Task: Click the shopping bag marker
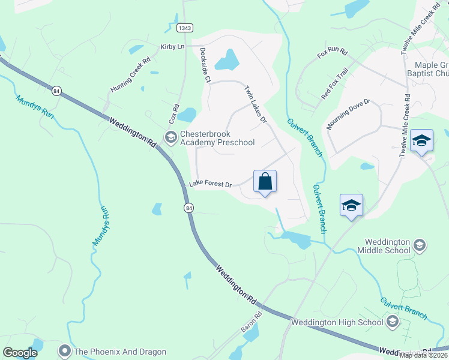pyautogui.click(x=265, y=182)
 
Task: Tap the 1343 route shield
pyautogui.click(x=185, y=28)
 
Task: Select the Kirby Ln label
pyautogui.click(x=172, y=47)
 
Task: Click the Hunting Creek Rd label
pyautogui.click(x=130, y=75)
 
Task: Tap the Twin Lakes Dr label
pyautogui.click(x=255, y=104)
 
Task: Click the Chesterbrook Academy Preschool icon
pyautogui.click(x=171, y=137)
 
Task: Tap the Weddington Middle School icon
pyautogui.click(x=420, y=245)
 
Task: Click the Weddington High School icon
pyautogui.click(x=393, y=322)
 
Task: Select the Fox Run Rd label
pyautogui.click(x=333, y=53)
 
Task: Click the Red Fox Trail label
pyautogui.click(x=334, y=83)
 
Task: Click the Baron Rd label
pyautogui.click(x=252, y=323)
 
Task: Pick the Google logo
pyautogui.click(x=20, y=353)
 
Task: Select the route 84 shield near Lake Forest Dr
pyautogui.click(x=188, y=208)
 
